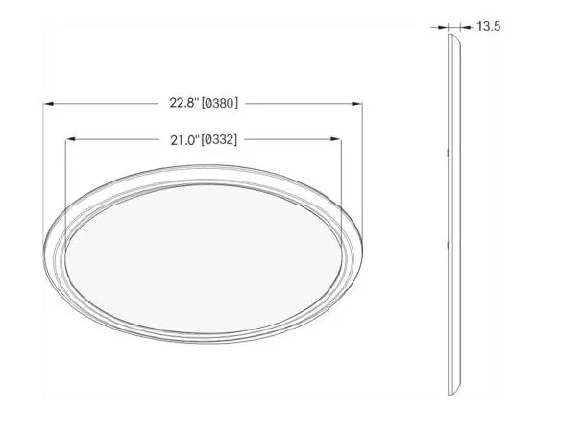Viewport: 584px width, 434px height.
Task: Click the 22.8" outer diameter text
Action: (184, 102)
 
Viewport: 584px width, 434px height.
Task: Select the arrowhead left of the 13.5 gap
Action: (444, 27)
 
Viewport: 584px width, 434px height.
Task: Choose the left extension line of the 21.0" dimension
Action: (65, 182)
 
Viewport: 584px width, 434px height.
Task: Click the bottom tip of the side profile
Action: (450, 394)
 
